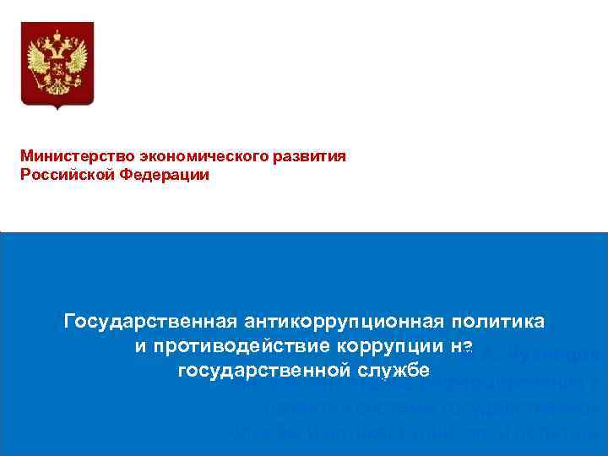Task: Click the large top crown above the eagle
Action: [x=57, y=35]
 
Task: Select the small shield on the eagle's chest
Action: [x=57, y=68]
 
